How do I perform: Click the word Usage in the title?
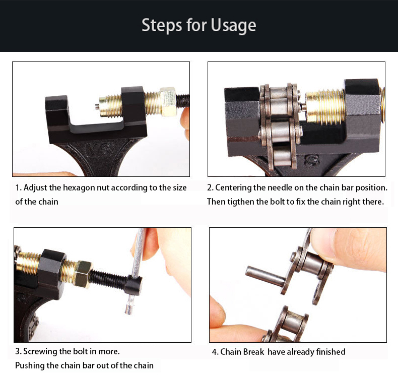[x=233, y=26]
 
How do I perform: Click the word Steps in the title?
[x=162, y=25]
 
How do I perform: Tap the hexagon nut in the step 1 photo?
[x=168, y=102]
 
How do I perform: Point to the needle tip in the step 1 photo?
[x=97, y=107]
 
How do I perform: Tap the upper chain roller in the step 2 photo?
[x=278, y=101]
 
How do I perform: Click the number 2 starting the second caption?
[x=210, y=188]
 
